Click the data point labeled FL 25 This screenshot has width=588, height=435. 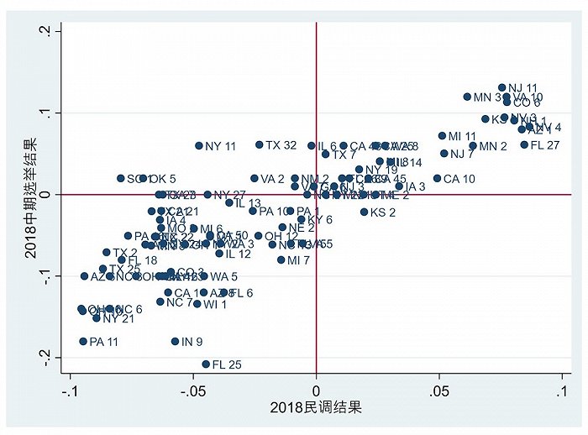(206, 364)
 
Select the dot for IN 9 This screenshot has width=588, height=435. (175, 341)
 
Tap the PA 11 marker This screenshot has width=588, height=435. (83, 341)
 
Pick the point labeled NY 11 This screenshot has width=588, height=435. (199, 145)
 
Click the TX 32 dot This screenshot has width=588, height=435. (260, 144)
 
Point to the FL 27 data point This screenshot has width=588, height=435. (524, 144)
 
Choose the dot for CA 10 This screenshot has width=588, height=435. (437, 178)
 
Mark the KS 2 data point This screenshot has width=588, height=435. (364, 212)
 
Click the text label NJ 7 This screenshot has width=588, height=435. (462, 154)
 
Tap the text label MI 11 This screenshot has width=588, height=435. (462, 136)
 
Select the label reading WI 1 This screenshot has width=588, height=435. (215, 304)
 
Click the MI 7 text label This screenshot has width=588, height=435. (298, 260)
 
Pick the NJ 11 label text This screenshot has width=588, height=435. (522, 87)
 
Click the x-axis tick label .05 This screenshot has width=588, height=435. (438, 391)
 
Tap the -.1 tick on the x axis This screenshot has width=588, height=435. (71, 391)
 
